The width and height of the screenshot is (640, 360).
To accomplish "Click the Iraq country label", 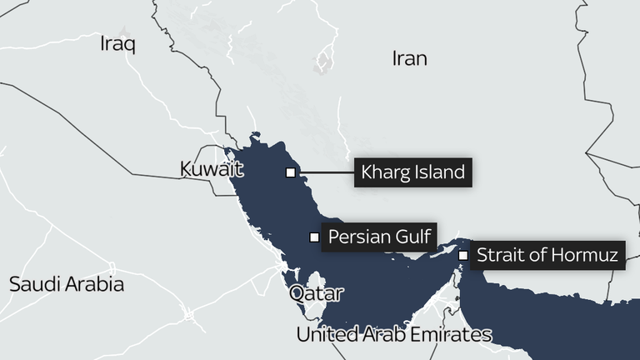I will click(117, 43).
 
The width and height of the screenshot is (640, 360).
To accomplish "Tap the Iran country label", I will click(409, 58).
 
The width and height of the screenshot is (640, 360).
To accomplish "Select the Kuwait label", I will click(211, 170).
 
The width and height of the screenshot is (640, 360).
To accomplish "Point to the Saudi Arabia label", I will click(67, 284).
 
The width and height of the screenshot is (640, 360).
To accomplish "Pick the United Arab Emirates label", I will click(394, 335).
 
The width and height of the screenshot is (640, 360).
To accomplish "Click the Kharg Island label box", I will click(412, 172).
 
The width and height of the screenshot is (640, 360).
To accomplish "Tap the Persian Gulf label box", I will click(378, 237).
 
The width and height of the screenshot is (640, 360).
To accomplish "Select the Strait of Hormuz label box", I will click(547, 255).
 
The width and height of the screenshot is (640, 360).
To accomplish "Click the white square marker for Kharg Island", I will click(290, 172).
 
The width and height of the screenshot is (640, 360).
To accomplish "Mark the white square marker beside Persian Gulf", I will click(314, 237).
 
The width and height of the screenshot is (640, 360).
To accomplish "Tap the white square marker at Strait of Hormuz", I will click(462, 255).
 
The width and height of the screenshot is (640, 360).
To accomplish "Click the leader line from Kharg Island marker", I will click(325, 172).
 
